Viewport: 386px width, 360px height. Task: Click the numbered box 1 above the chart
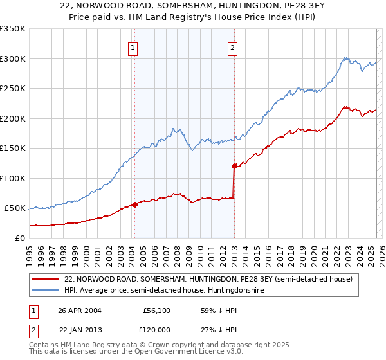point(133,46)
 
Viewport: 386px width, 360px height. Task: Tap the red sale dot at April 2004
point(134,204)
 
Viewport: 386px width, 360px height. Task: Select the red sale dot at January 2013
point(234,166)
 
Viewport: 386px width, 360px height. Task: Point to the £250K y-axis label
point(13,88)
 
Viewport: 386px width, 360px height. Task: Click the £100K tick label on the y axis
point(13,178)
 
